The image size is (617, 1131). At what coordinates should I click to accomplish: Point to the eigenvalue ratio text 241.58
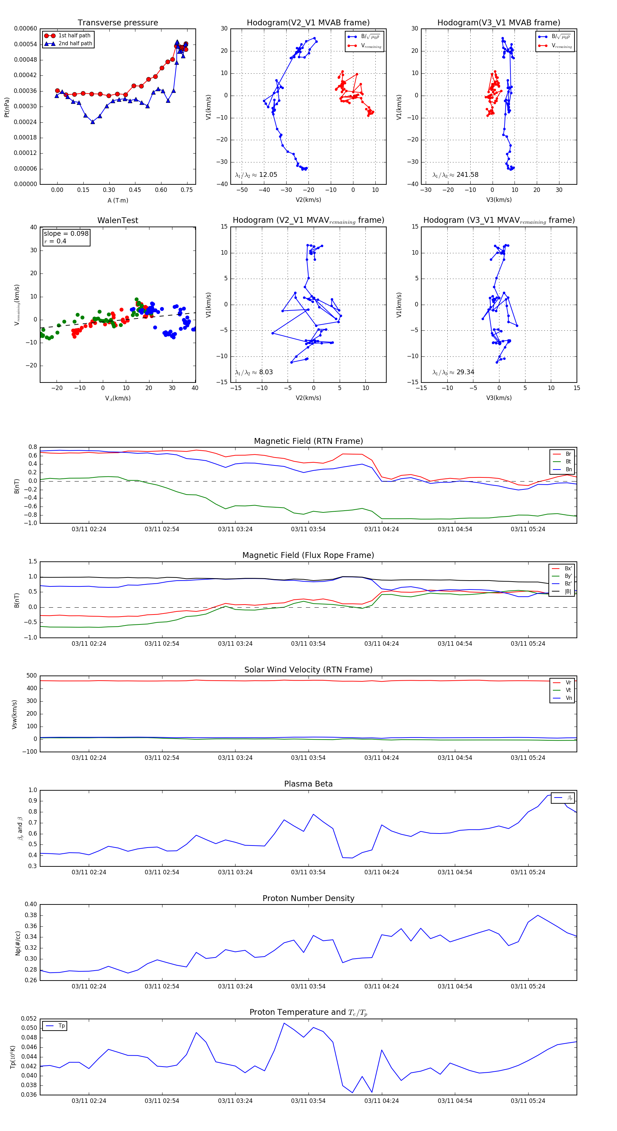pyautogui.click(x=467, y=175)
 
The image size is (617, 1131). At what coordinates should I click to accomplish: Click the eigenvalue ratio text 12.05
pyautogui.click(x=268, y=175)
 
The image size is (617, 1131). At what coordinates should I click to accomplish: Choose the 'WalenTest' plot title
pyautogui.click(x=118, y=220)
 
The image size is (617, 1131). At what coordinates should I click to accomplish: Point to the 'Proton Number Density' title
pyautogui.click(x=308, y=898)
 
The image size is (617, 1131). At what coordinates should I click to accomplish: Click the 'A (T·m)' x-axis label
pyautogui.click(x=118, y=200)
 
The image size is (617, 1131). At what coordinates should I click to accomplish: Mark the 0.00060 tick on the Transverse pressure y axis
pyautogui.click(x=25, y=28)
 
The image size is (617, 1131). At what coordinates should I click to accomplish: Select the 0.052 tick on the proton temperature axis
pyautogui.click(x=29, y=1019)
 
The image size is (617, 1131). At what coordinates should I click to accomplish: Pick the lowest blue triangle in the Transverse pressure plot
pyautogui.click(x=93, y=122)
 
